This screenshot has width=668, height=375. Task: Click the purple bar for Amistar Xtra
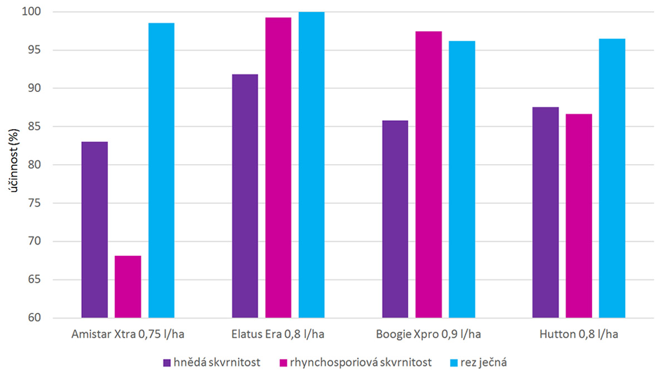(95, 230)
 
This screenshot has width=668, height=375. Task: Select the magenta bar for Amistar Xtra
(128, 287)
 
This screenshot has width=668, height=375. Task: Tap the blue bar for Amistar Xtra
(161, 170)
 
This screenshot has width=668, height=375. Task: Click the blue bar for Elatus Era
(312, 165)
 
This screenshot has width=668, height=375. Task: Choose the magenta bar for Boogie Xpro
(429, 175)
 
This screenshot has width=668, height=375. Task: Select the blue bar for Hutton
(612, 178)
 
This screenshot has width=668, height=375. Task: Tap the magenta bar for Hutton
(579, 216)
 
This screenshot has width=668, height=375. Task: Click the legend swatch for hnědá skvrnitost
(166, 363)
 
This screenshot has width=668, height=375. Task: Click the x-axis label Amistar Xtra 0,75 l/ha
(127, 334)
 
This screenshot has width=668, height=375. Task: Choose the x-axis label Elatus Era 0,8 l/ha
(278, 334)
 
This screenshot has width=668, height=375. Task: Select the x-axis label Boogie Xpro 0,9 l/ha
(429, 334)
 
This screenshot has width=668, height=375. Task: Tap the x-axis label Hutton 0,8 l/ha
(579, 334)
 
